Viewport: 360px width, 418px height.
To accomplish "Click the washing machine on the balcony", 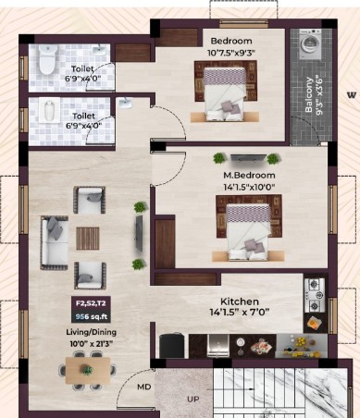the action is (311, 44).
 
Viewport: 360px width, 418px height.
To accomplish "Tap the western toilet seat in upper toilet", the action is (47, 59).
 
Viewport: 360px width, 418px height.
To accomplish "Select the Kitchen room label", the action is (240, 301).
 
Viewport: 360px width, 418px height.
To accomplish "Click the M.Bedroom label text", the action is (249, 175).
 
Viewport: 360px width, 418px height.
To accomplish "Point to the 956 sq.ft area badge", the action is (91, 316).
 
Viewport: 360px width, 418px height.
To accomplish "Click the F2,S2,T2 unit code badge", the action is (91, 303).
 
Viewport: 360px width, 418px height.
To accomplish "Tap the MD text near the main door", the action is (144, 387).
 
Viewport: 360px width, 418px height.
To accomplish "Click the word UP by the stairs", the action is (193, 400).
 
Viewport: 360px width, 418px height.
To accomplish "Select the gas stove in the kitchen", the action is (315, 295).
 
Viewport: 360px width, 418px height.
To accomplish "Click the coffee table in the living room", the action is (88, 239).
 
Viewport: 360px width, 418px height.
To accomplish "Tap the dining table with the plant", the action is (88, 370).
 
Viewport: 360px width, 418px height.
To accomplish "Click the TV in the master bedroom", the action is (248, 157).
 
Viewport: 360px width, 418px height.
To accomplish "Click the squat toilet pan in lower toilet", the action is (49, 111).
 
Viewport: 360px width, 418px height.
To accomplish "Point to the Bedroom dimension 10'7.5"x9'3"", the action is (231, 53).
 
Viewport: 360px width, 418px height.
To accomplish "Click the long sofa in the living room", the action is (55, 243).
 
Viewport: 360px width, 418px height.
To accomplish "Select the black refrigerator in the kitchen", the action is (171, 345).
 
